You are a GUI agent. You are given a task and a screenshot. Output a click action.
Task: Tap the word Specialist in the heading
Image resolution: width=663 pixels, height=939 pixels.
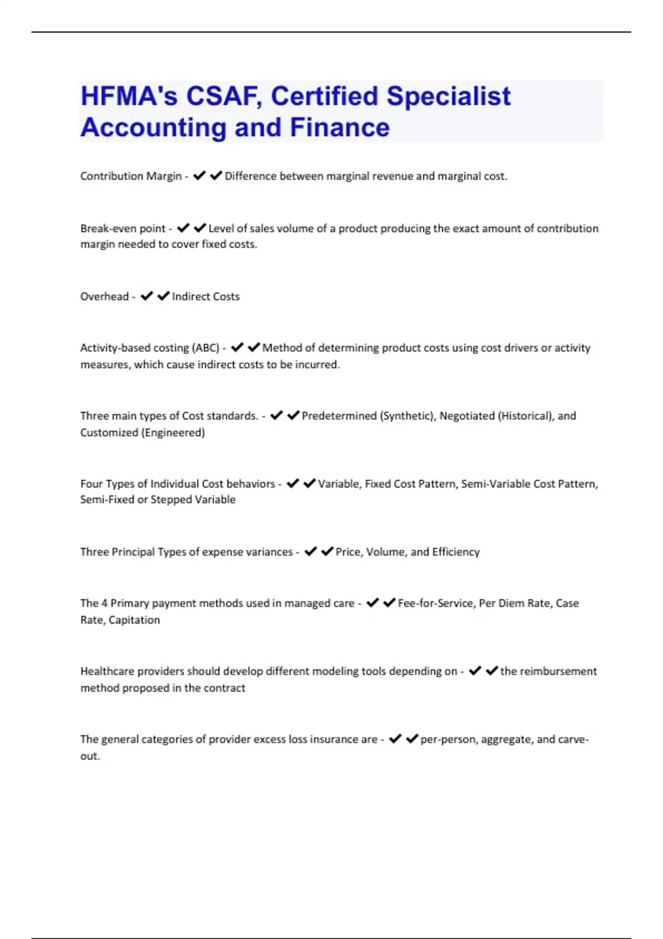pos(448,96)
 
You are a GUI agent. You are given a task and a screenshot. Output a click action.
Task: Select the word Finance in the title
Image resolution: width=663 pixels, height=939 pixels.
pos(340,128)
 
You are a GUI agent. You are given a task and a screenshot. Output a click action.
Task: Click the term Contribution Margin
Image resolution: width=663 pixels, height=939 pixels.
pos(131,176)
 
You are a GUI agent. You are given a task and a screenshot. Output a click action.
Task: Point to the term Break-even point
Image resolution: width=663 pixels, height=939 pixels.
pos(123,229)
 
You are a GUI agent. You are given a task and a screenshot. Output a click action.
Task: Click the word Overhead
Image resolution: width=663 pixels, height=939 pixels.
pos(104,297)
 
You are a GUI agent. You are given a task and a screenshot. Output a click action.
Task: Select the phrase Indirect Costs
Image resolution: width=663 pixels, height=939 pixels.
pos(206,297)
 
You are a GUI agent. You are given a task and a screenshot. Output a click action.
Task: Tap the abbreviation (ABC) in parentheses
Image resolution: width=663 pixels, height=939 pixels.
pos(205,348)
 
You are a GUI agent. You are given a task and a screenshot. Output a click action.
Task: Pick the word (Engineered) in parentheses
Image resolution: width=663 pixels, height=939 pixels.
pos(173,432)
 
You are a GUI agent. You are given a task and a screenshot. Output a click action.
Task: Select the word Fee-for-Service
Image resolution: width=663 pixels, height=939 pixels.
pos(436,603)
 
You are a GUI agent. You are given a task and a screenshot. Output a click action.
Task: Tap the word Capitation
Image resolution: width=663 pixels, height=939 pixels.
pos(134,620)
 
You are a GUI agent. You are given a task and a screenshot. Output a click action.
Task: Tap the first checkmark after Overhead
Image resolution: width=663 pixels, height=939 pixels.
pos(146,297)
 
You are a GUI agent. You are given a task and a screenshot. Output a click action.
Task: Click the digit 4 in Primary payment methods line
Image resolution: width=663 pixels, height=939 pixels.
pos(104,603)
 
